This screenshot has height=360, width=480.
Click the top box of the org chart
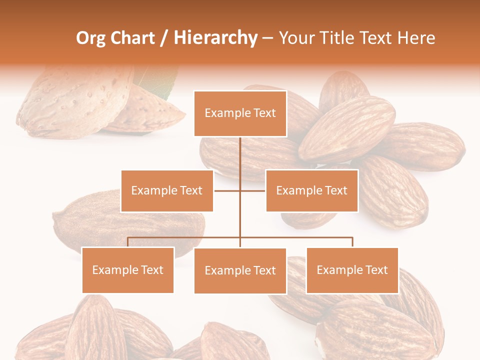pos(240,113)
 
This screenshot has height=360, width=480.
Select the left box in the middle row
pos(167,190)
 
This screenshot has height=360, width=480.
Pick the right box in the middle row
pos(311,190)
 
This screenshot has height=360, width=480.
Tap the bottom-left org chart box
pos(128,270)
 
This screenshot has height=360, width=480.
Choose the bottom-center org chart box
pos(240,270)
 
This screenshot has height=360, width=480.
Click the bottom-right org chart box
pos(352,270)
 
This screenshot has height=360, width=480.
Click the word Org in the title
pos(90,38)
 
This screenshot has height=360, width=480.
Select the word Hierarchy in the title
pos(215,38)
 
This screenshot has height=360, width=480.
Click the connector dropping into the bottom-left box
pos(128,242)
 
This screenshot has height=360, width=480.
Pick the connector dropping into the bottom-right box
pos(352,242)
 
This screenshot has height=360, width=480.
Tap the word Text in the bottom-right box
pos(376,270)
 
